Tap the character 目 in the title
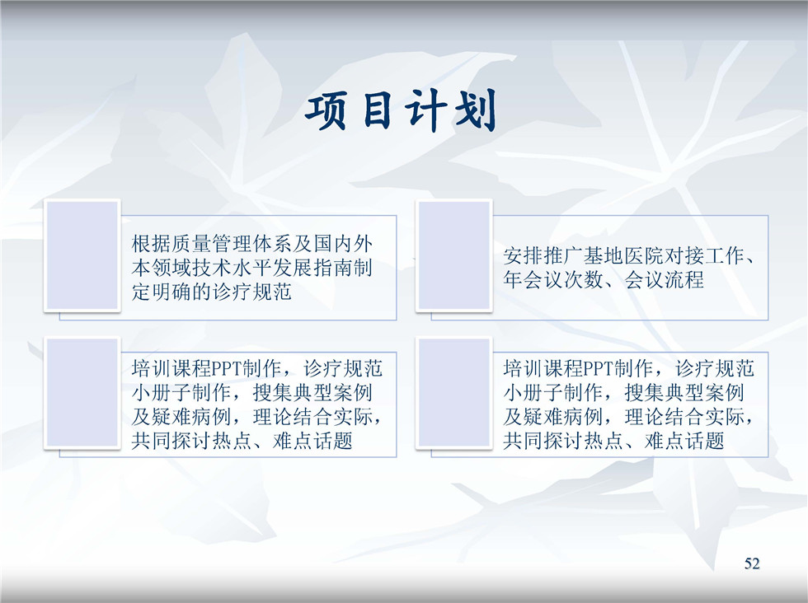click(378, 110)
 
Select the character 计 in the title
click(425, 110)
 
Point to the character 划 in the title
click(475, 110)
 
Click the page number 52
click(752, 563)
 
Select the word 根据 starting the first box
click(151, 244)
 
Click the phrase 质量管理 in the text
click(212, 244)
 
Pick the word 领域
click(171, 268)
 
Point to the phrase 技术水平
click(232, 268)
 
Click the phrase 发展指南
click(312, 268)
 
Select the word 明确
click(171, 292)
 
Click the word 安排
click(523, 256)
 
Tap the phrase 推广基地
click(584, 256)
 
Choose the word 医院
click(644, 256)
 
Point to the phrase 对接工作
click(705, 256)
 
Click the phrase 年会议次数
click(553, 280)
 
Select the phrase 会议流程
click(665, 280)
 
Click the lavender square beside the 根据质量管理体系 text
click(82, 255)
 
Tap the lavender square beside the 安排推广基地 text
click(454, 255)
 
